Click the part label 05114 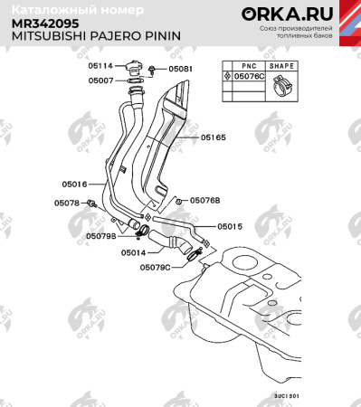point(100,66)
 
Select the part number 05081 point(181,69)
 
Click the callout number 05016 point(74,184)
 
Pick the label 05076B point(204,200)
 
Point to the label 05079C point(155,268)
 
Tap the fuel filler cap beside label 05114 point(136,66)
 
